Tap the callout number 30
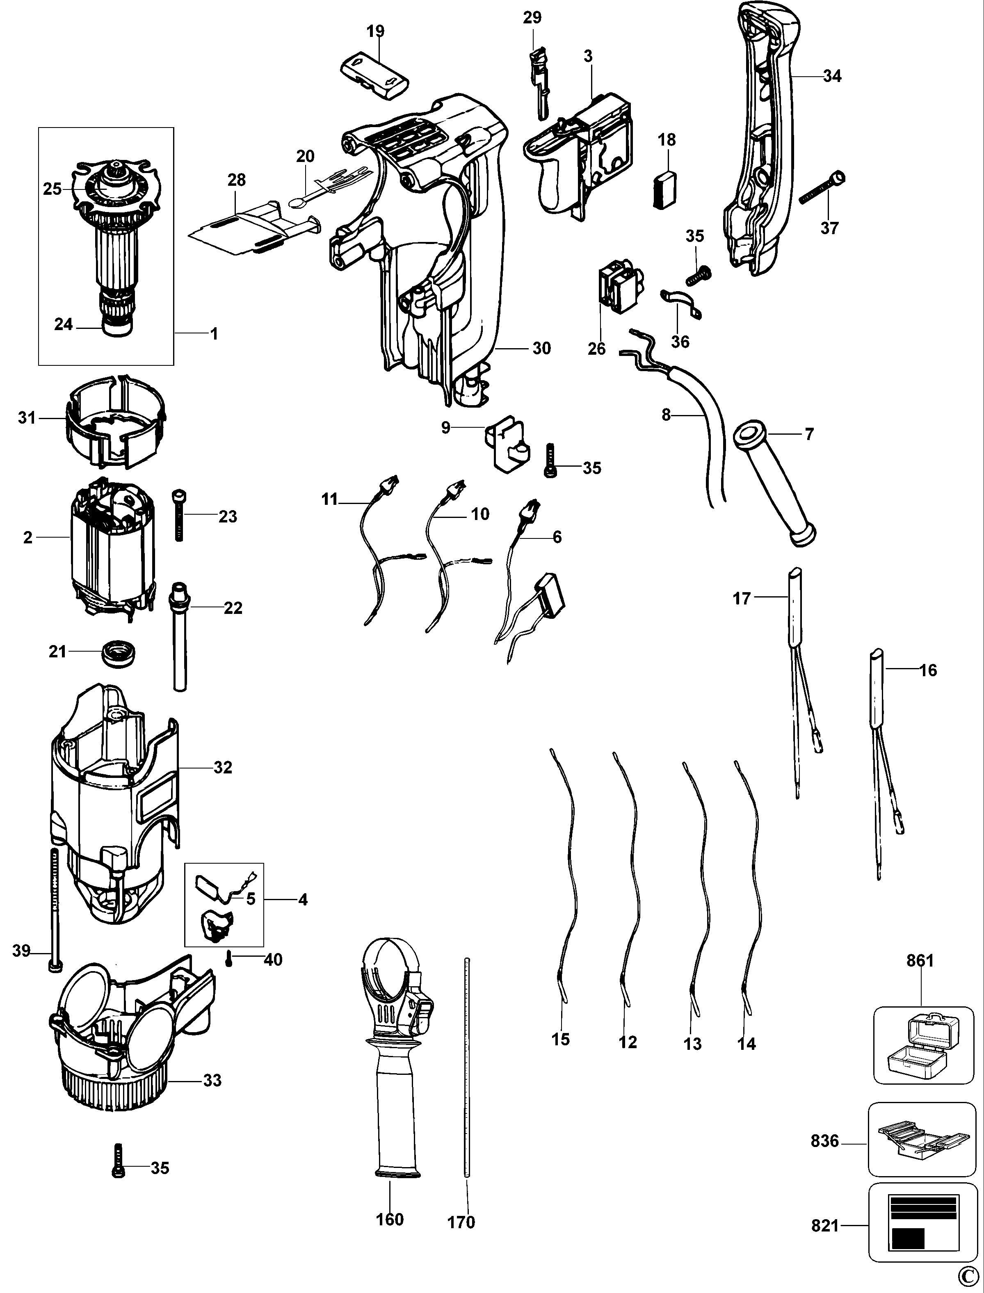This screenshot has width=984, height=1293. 542,349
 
